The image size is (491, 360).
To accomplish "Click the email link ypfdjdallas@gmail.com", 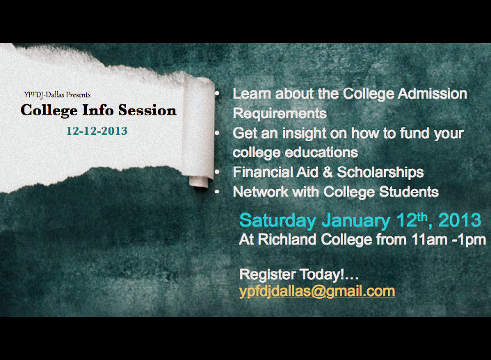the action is point(317,291).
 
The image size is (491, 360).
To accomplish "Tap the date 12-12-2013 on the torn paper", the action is point(97,131).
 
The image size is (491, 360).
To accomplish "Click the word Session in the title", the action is point(147,110).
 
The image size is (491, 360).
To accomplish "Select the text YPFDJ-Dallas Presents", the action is point(57,95).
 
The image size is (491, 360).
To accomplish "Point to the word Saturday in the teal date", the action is point(277,221).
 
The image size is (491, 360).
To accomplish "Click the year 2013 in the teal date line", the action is point(460,220).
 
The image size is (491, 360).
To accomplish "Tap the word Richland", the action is point(287,240).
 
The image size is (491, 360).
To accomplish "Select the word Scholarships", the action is point(380,172).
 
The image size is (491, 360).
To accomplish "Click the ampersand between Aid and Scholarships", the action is point(328,172).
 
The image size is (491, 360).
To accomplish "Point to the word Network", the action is point(261,192).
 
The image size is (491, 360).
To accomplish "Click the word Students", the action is point(409,192).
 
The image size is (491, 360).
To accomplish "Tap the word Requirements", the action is point(280,113).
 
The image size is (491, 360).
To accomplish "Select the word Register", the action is point(268,275).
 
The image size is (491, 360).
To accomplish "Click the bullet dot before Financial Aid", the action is point(217,172).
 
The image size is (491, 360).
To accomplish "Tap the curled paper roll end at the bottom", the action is point(198,182).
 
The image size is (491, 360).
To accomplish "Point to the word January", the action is point(355,221).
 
